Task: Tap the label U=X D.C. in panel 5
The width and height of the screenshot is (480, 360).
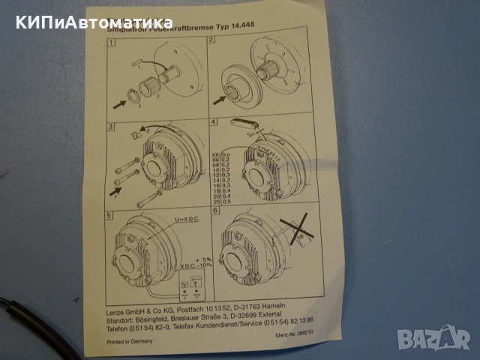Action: point(187,218)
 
